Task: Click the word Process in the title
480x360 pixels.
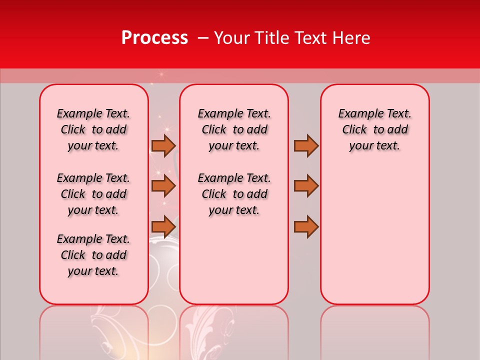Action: tap(154, 38)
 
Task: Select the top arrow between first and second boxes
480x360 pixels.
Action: tap(163, 145)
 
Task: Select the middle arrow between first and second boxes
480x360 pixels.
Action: tap(163, 186)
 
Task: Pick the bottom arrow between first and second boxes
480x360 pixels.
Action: tap(163, 226)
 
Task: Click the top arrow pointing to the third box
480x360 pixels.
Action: tap(306, 145)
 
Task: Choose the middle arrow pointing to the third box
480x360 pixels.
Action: tap(306, 186)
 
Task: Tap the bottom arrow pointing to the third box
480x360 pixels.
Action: tap(306, 226)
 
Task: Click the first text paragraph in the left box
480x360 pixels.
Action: tap(93, 129)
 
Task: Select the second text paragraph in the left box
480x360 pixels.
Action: tap(93, 194)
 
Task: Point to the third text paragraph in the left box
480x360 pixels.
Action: tap(93, 255)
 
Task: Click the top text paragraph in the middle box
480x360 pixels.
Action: tap(234, 129)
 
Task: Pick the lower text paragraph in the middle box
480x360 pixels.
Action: tap(234, 194)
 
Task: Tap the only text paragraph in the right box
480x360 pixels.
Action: tap(374, 129)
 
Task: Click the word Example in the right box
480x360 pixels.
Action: tap(356, 114)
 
